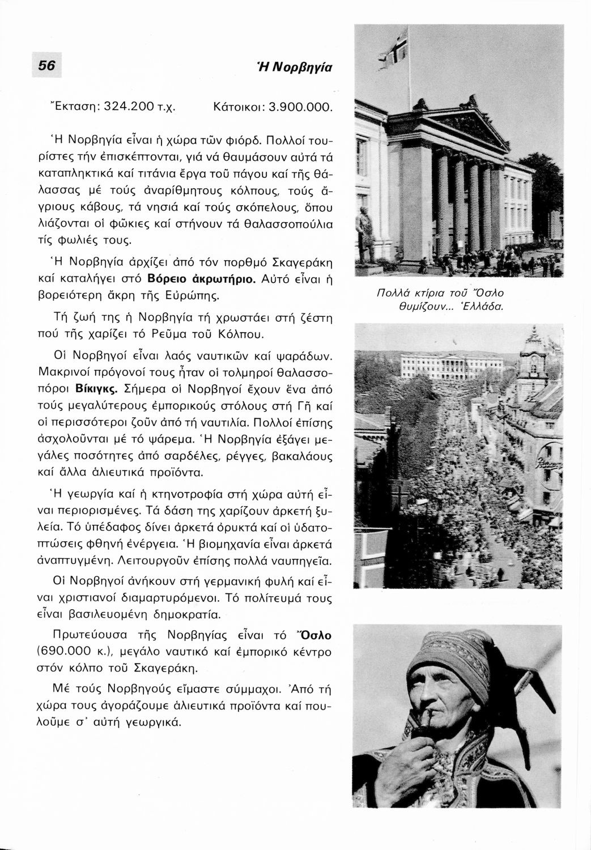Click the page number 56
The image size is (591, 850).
click(x=46, y=65)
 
